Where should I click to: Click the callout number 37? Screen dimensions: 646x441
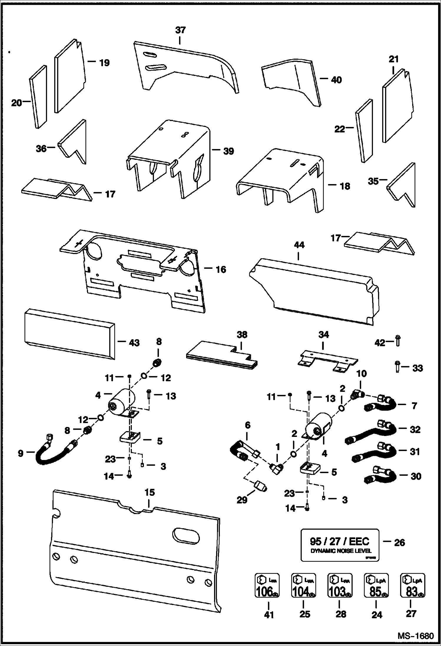coord(180,30)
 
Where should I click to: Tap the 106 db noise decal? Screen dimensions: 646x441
coord(267,585)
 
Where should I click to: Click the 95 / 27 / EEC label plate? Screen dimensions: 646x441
coord(340,545)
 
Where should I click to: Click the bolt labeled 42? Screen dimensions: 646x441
coord(398,341)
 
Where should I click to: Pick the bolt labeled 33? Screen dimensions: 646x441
coord(397,367)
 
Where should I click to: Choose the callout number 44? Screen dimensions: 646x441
coord(299,245)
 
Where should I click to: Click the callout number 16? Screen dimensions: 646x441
coord(221,269)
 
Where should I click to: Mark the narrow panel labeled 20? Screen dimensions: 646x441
coord(38,97)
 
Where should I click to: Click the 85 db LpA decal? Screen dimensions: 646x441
coord(376,585)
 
